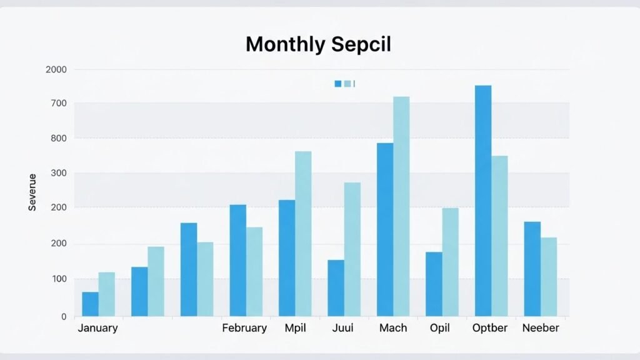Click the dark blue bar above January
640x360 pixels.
90,304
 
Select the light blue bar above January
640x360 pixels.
106,294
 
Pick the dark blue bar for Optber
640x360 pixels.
482,200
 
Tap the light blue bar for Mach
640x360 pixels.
401,206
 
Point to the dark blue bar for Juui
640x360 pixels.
336,287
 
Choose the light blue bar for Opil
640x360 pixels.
450,262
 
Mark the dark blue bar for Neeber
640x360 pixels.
532,269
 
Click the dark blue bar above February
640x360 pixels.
237,260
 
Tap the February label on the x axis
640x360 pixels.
244,328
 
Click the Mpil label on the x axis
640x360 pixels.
295,328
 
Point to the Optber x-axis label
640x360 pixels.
491,328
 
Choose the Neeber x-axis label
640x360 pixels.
541,328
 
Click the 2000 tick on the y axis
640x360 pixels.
56,69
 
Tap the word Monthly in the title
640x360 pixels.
285,44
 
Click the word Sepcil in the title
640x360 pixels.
362,45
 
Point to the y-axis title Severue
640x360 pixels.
32,192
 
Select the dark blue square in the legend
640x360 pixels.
338,84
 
